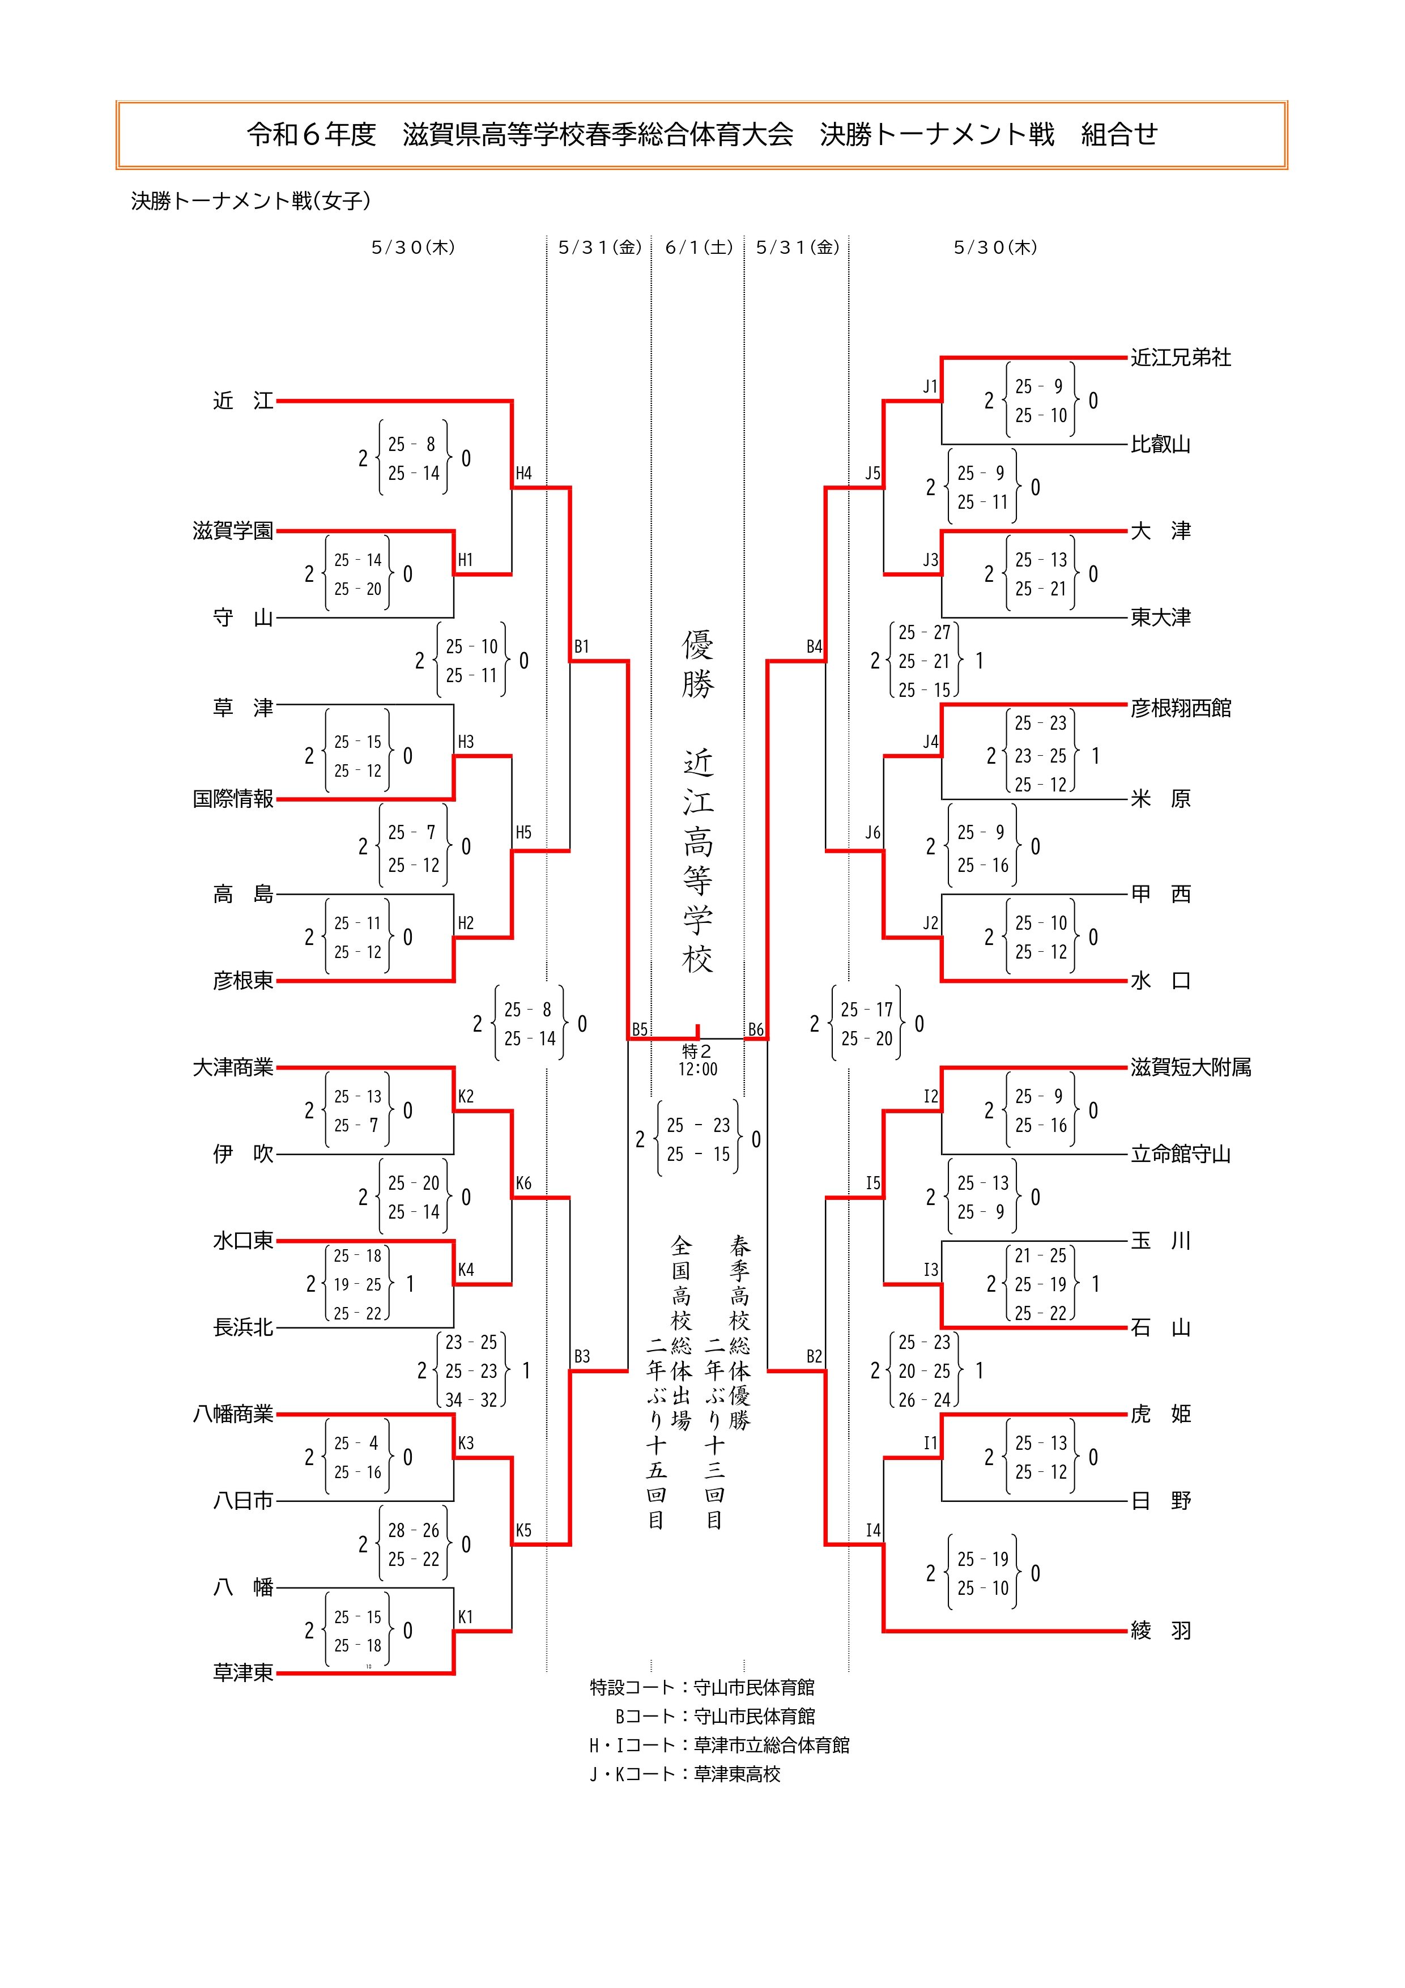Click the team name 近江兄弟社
[x=1180, y=357]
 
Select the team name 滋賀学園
[x=233, y=531]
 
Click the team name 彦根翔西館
[x=1180, y=708]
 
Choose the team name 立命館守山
[x=1180, y=1154]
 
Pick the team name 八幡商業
[x=233, y=1414]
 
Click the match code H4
[x=523, y=474]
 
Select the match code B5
[x=639, y=1029]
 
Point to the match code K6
[x=523, y=1184]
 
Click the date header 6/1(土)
[x=699, y=248]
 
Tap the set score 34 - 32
[x=471, y=1400]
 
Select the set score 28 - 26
[x=413, y=1530]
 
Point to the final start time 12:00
[x=698, y=1069]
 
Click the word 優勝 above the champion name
[x=698, y=664]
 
